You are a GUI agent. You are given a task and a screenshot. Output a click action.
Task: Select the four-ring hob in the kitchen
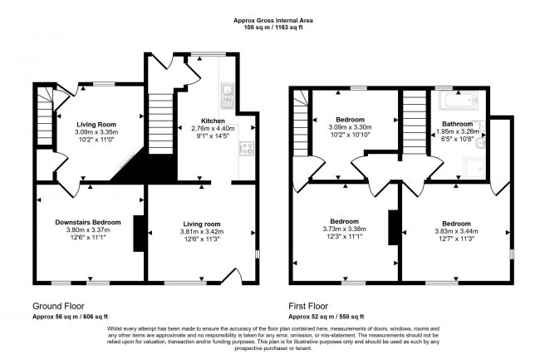point(247,149)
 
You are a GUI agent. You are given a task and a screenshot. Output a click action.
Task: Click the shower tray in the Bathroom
point(473,168)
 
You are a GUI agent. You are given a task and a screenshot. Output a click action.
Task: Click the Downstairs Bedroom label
point(88,222)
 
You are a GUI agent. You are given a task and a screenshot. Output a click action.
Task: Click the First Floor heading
point(312,305)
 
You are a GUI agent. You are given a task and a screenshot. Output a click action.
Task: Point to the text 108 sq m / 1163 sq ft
point(270,27)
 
